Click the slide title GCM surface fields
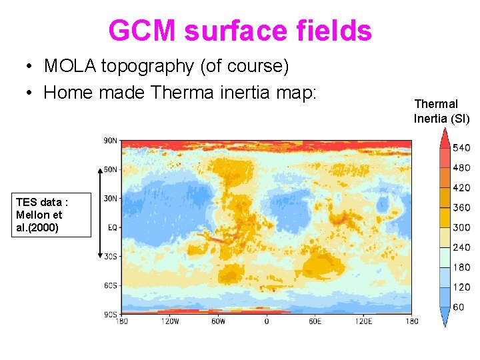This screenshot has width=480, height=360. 240,31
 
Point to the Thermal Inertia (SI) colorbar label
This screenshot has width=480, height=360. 441,111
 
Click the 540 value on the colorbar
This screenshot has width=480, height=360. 461,148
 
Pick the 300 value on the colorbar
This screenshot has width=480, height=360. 461,227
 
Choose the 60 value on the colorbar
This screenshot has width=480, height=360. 459,307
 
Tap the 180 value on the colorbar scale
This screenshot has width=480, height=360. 461,267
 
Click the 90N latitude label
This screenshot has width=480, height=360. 111,140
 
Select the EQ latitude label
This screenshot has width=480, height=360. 113,227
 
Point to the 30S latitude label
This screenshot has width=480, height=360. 111,256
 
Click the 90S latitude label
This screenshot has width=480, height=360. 111,314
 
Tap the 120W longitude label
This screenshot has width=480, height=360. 170,321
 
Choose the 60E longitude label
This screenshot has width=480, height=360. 315,321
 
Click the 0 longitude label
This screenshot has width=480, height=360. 267,321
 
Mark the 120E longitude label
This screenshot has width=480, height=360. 363,321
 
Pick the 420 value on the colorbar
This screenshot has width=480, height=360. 461,188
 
